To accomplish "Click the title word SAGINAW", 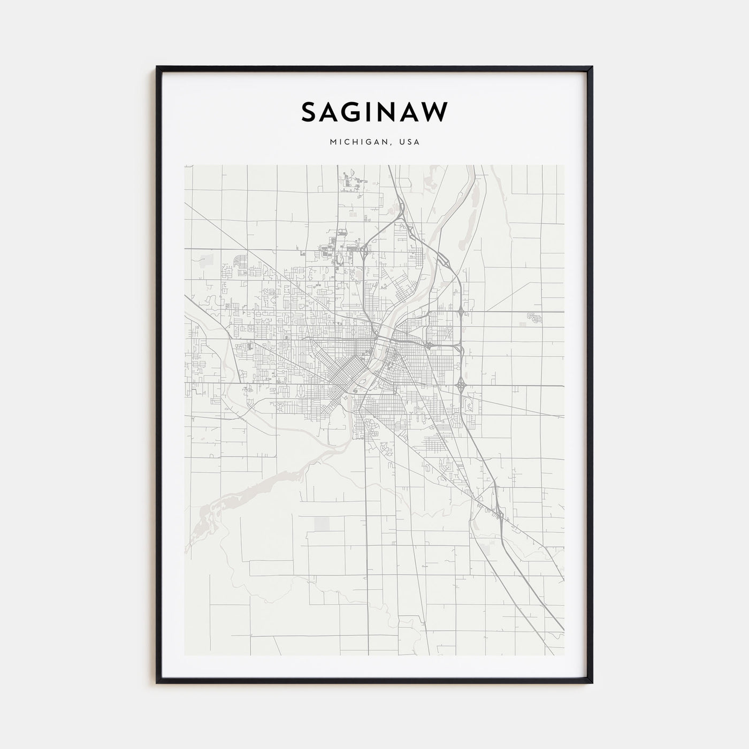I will [374, 112].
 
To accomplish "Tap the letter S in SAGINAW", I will [309, 112].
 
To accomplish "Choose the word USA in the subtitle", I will [409, 142].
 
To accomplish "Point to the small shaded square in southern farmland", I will [323, 524].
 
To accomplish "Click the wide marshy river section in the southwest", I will [225, 503].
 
